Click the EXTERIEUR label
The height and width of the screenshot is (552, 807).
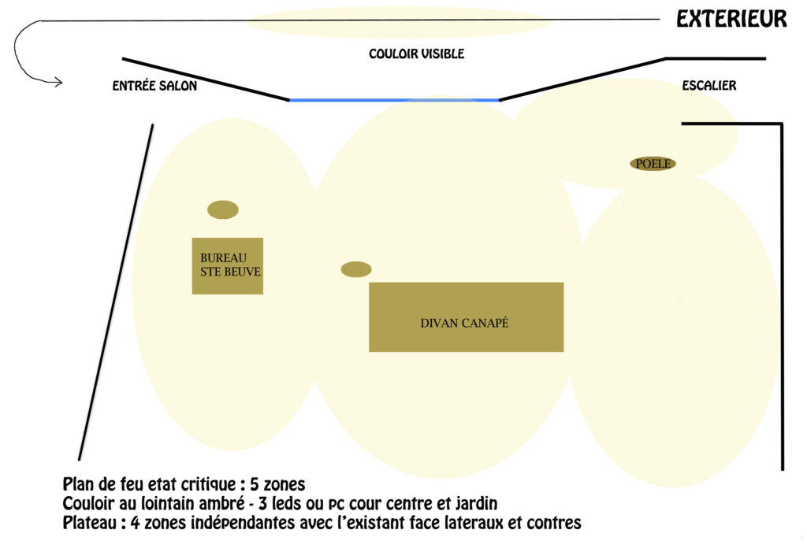(731, 19)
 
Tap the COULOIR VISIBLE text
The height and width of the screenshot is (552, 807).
(416, 54)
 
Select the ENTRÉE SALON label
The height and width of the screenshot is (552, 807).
(154, 85)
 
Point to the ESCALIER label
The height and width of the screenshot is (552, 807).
(709, 85)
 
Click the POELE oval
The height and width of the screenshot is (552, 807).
(653, 164)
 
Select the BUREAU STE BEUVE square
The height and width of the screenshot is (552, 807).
(228, 266)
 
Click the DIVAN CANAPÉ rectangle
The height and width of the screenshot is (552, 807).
(467, 317)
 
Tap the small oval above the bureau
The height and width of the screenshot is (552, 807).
(223, 209)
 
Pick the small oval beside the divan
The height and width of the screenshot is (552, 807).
(356, 269)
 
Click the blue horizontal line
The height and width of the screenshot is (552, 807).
(394, 100)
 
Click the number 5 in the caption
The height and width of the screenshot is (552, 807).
(255, 484)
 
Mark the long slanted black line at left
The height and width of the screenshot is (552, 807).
(116, 292)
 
